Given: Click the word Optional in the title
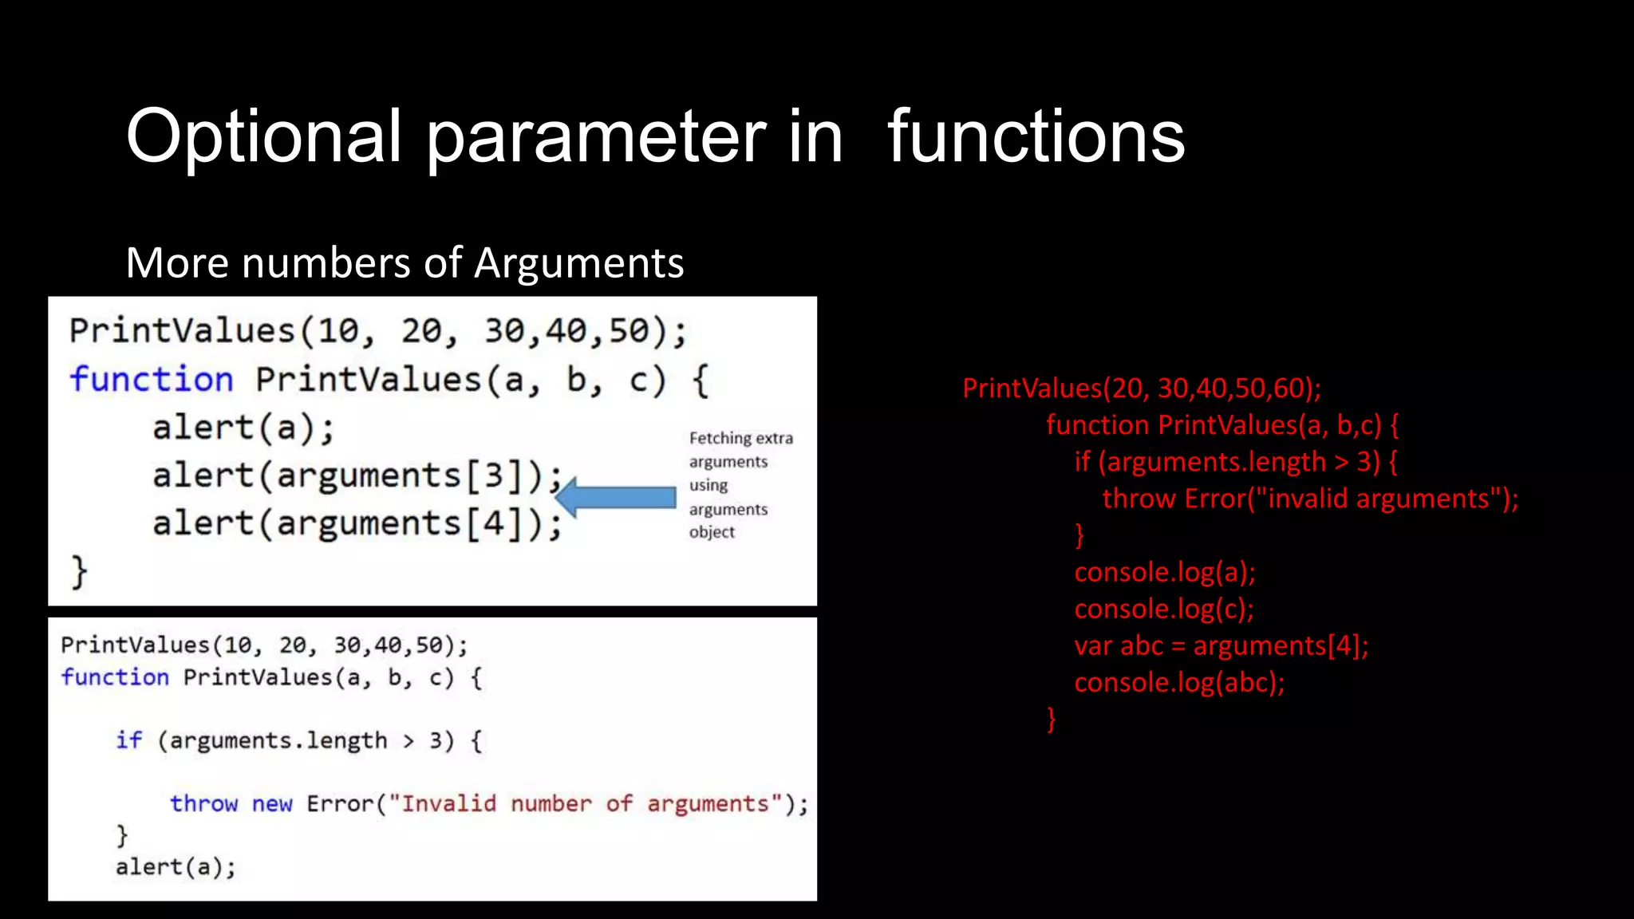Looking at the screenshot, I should click(x=263, y=137).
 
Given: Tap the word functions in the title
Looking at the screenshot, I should click(x=1036, y=137).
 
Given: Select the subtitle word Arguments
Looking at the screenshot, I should click(x=578, y=263).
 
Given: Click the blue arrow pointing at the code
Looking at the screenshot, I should click(x=615, y=498).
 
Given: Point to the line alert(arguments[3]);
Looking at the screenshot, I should click(x=357, y=476).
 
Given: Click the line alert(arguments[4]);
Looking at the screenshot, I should click(x=357, y=524).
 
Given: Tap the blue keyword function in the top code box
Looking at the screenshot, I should click(x=152, y=380).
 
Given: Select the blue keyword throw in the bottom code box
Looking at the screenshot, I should click(x=203, y=803).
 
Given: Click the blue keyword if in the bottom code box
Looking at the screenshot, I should click(x=129, y=740).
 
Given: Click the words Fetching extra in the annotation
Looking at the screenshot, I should click(x=740, y=438).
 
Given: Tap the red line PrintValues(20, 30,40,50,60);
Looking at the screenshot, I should click(x=1141, y=389).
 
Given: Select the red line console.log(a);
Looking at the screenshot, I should click(x=1165, y=572).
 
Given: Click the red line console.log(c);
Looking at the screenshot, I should click(x=1164, y=609).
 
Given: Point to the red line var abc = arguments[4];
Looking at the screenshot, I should click(x=1221, y=645).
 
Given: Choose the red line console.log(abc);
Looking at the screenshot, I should click(x=1179, y=683).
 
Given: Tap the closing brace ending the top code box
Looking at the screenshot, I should click(x=79, y=572).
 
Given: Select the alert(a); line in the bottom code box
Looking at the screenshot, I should click(x=176, y=867).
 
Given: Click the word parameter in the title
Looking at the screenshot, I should click(x=596, y=137).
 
